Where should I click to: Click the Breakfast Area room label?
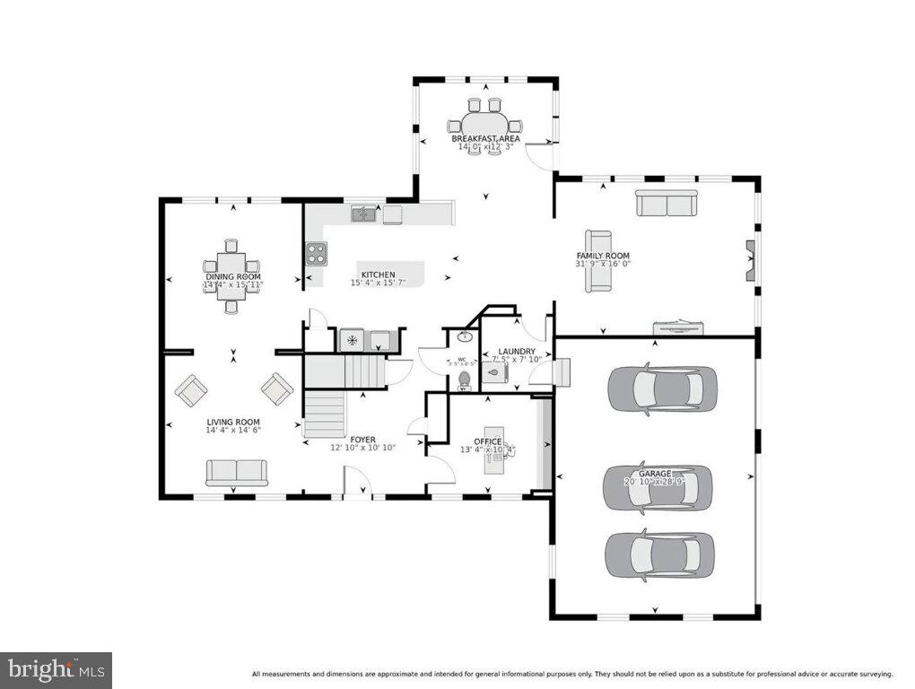click(485, 139)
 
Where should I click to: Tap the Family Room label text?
click(603, 257)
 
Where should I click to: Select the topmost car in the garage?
click(662, 388)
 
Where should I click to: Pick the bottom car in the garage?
click(659, 555)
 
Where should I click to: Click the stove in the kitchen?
click(315, 254)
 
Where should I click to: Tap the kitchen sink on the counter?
click(363, 214)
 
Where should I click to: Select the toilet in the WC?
click(464, 381)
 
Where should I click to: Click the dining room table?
click(231, 276)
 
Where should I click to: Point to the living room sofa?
click(236, 472)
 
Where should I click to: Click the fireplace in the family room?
click(751, 261)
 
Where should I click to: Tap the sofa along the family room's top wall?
click(667, 204)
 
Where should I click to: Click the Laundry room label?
click(518, 352)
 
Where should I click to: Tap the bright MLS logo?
click(56, 669)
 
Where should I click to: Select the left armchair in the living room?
click(190, 390)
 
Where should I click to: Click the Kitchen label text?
click(378, 275)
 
